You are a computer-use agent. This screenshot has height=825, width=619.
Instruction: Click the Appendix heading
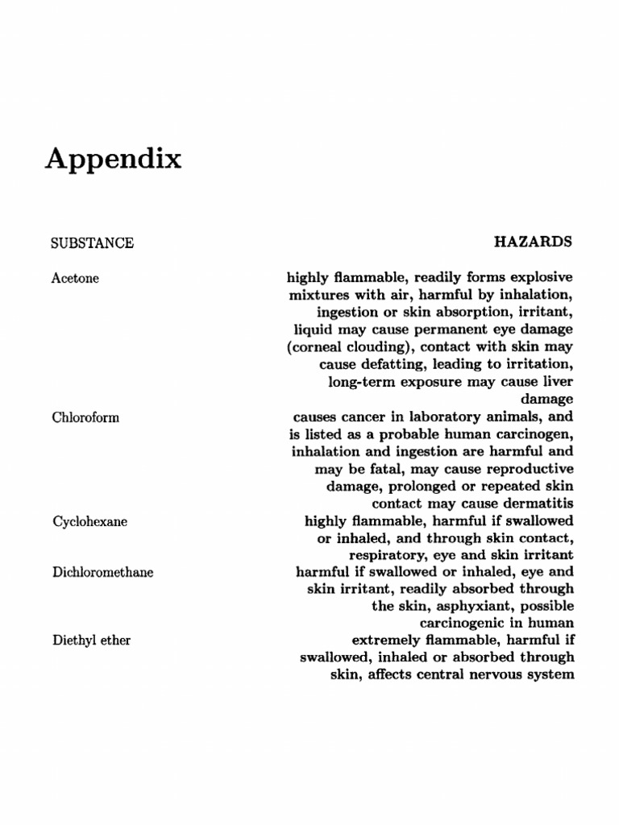point(113,160)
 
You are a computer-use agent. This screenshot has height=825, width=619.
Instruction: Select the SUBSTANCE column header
point(92,243)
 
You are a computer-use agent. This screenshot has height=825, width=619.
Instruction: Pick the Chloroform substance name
point(85,418)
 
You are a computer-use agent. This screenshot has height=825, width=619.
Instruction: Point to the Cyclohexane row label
point(89,521)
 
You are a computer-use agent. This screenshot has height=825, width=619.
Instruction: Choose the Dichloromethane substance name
point(102,572)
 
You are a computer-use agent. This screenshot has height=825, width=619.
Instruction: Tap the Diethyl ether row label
point(90,641)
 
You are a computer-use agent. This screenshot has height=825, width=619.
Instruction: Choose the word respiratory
point(383,555)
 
